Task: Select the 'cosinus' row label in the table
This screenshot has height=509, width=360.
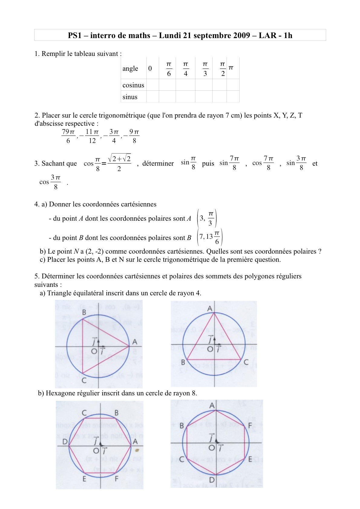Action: [x=133, y=85]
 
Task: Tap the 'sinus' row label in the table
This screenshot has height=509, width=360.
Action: [x=130, y=97]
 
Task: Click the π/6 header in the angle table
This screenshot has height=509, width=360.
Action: [x=169, y=69]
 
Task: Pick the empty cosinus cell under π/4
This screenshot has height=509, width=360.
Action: [x=185, y=85]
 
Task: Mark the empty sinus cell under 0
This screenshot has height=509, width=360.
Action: [x=153, y=97]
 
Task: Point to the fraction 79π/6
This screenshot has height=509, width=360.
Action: [x=68, y=136]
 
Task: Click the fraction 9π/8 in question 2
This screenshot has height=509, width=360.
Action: [x=134, y=136]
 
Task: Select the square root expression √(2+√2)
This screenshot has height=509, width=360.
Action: [x=119, y=158]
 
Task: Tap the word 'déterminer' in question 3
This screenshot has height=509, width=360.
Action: [x=158, y=164]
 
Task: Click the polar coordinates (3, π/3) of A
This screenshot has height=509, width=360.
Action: [x=207, y=218]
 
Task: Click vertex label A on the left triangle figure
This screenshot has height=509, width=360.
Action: [x=135, y=342]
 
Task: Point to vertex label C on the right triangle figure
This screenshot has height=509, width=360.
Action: [x=246, y=362]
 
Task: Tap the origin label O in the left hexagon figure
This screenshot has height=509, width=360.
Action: [x=96, y=451]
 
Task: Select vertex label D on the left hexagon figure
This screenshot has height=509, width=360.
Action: [x=65, y=442]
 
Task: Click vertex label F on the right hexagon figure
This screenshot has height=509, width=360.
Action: [x=250, y=426]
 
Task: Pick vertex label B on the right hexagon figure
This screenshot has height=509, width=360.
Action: [x=182, y=426]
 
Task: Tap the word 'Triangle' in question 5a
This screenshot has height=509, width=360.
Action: [x=59, y=293]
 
